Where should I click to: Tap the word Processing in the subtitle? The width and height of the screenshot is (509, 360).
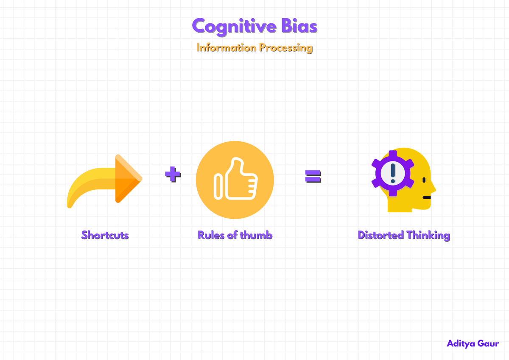point(286,48)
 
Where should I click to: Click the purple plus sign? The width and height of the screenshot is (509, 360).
point(173,174)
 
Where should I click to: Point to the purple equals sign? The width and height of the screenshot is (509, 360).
point(313,176)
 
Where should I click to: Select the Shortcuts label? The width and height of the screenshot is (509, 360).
point(105,235)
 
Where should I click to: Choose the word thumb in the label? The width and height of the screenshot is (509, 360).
point(256,235)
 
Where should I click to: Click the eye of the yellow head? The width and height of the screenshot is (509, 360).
point(424,180)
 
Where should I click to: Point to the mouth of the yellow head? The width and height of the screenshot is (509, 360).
point(427,197)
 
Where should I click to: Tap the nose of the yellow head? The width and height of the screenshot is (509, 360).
point(433,187)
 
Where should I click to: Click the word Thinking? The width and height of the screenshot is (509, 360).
point(428,235)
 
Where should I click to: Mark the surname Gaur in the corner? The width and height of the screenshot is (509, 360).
point(488,343)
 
